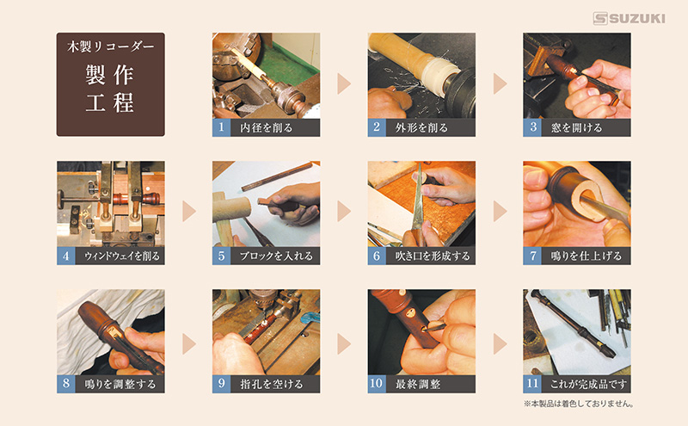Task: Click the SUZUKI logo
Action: [x=629, y=18]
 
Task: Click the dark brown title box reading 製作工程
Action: [x=111, y=84]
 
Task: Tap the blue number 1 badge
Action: [x=221, y=127]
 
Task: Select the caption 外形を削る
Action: [x=421, y=127]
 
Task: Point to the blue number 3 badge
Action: [x=531, y=127]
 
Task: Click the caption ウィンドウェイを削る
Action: [x=122, y=256]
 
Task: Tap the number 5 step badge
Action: [x=221, y=256]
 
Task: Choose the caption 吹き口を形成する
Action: [x=433, y=256]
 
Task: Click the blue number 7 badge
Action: [x=531, y=256]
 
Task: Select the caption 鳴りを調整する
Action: [x=120, y=385]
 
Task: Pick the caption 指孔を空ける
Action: [x=272, y=385]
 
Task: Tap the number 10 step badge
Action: [x=377, y=384]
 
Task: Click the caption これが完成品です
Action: [x=588, y=385]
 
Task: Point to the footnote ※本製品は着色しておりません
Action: [x=578, y=404]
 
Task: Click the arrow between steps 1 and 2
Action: [x=344, y=83]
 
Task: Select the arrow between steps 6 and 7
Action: [x=501, y=211]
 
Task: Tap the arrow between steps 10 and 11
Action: [x=501, y=343]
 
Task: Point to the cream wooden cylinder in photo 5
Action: [x=231, y=208]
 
